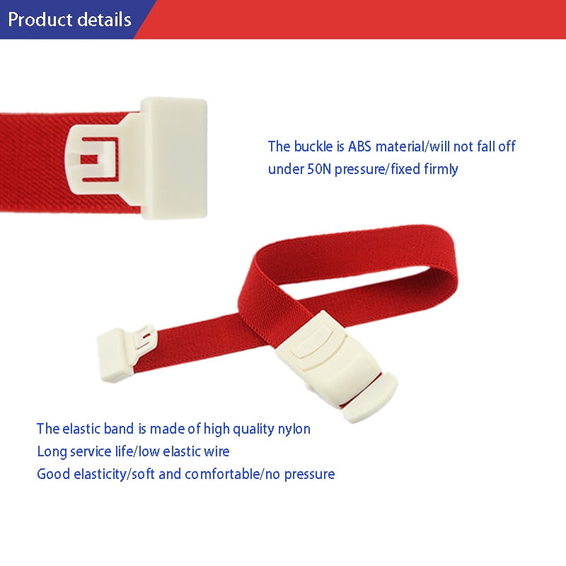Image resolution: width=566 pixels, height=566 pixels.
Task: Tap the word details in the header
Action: tap(104, 19)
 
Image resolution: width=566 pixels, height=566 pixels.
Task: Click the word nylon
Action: tap(294, 429)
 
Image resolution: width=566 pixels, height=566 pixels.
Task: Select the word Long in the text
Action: tap(51, 451)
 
